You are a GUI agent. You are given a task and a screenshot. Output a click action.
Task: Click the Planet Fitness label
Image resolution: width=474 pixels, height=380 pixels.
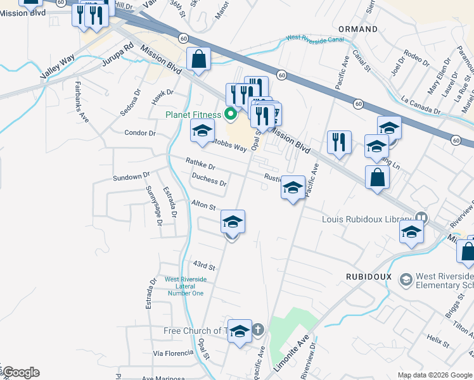click(x=193, y=115)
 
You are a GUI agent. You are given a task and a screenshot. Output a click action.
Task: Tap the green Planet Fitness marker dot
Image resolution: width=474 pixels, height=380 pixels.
click(x=231, y=115)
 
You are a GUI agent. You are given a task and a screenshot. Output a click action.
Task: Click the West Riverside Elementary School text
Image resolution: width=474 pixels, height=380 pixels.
click(x=444, y=281)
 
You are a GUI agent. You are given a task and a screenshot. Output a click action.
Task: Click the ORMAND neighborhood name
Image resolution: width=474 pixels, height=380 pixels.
click(x=358, y=29)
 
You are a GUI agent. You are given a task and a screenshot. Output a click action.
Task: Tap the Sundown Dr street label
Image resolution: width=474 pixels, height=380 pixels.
click(x=131, y=176)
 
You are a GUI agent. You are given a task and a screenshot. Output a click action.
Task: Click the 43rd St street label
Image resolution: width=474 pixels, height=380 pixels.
click(x=204, y=267)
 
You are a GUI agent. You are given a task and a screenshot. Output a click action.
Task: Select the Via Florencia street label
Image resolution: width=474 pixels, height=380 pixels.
click(x=172, y=353)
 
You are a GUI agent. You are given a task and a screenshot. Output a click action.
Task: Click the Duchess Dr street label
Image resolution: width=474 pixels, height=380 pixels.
click(x=208, y=180)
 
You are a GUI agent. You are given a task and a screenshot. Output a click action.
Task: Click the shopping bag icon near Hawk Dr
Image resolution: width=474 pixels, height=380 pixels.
click(x=199, y=60)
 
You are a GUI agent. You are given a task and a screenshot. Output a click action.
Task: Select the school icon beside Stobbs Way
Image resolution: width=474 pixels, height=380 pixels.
click(x=203, y=131)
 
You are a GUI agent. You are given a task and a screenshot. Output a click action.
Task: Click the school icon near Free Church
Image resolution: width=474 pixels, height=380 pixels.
click(x=240, y=331)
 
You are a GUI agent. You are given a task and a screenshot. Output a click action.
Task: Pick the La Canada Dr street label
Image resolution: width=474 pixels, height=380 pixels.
click(x=421, y=105)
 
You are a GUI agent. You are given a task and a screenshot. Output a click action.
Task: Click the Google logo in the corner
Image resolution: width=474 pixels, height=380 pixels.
click(x=20, y=372)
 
